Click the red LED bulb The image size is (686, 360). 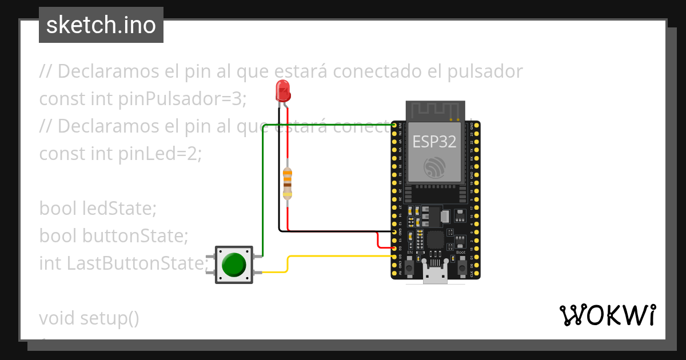coord(282,90)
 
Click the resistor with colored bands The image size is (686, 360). coord(288,183)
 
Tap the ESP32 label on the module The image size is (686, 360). coord(434,141)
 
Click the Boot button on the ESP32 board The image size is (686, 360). coord(460,265)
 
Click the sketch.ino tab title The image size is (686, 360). coord(101,25)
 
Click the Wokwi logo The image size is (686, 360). coord(607,315)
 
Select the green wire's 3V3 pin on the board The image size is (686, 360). coord(394,125)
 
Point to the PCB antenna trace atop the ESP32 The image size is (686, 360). coord(435,110)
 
